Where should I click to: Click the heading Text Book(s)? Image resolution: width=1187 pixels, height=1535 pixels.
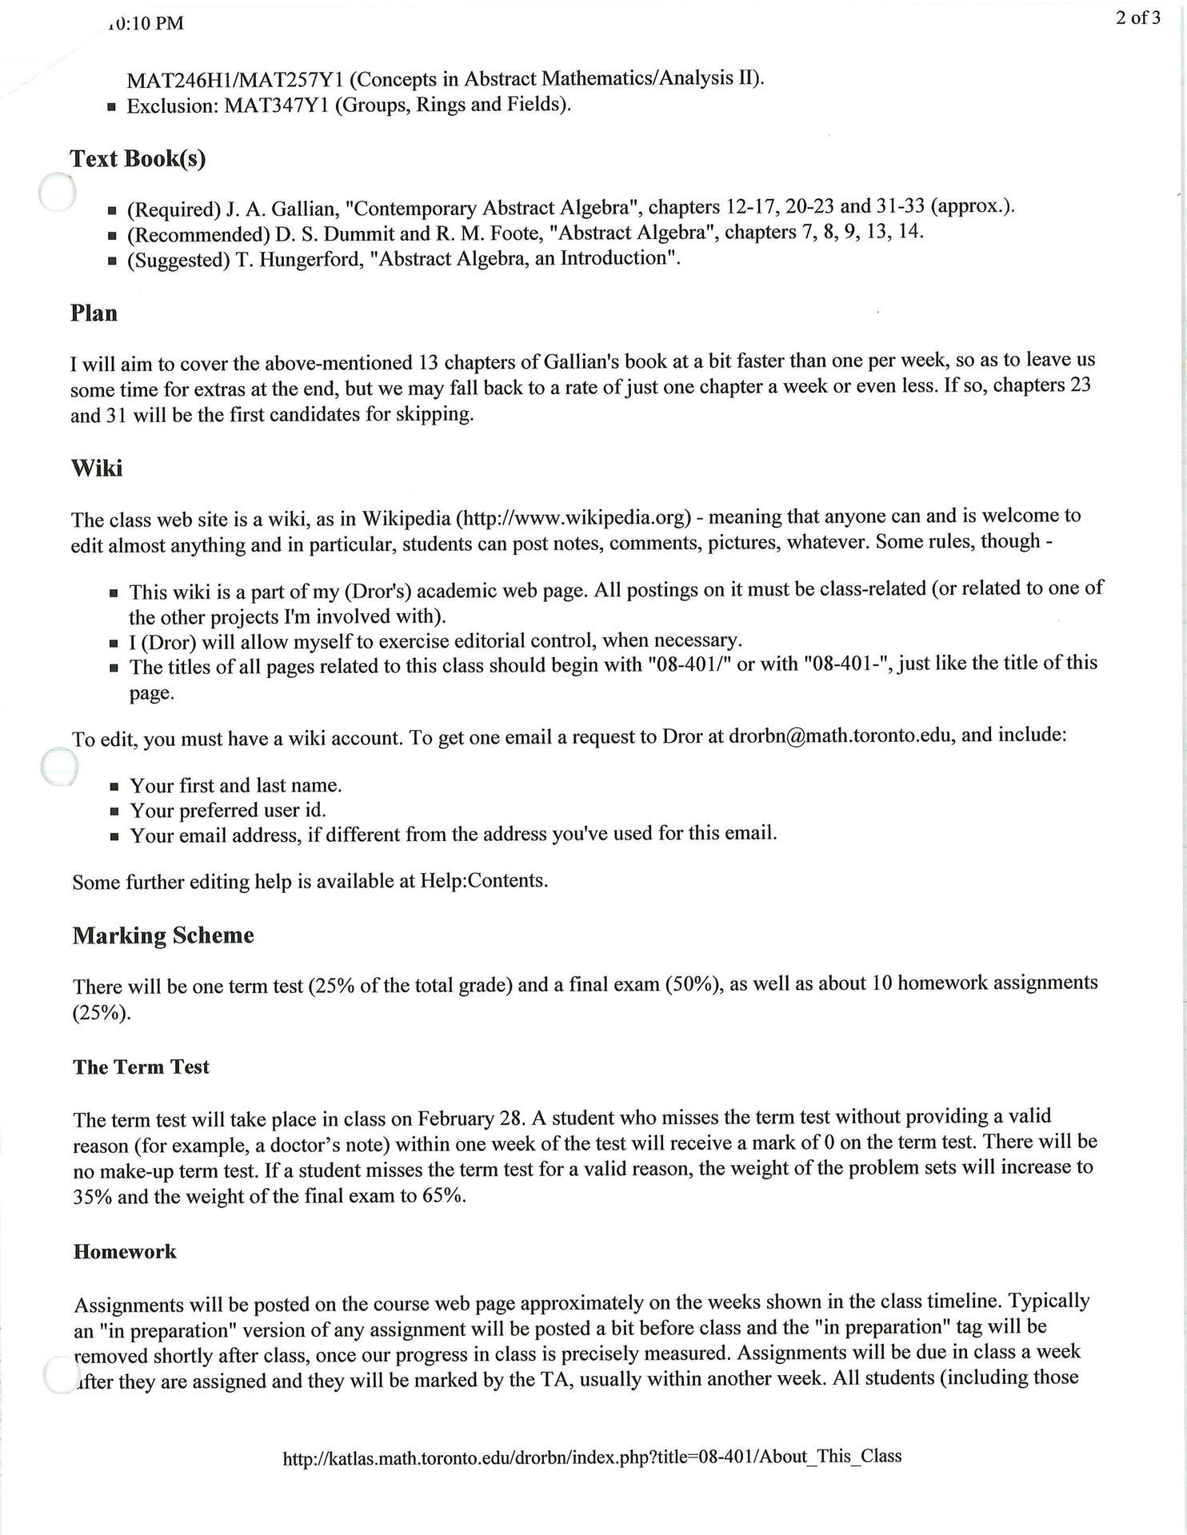(x=138, y=159)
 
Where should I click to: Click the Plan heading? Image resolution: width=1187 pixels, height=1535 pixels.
(x=94, y=313)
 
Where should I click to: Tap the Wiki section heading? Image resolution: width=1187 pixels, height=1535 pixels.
(x=97, y=468)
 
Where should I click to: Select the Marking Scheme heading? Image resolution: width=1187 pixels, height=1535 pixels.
(x=163, y=935)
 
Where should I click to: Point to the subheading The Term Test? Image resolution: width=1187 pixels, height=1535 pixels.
(x=141, y=1067)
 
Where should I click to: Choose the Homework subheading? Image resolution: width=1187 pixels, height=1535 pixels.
(x=124, y=1251)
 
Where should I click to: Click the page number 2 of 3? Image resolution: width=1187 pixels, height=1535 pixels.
(x=1137, y=18)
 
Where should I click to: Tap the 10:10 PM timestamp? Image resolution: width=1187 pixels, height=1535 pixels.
(x=146, y=24)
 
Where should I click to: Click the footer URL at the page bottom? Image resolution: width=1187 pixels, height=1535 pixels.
(x=592, y=1457)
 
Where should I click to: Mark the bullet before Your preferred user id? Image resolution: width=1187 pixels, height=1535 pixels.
(x=114, y=811)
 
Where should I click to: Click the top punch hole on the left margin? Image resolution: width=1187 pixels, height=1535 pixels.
(x=58, y=193)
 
